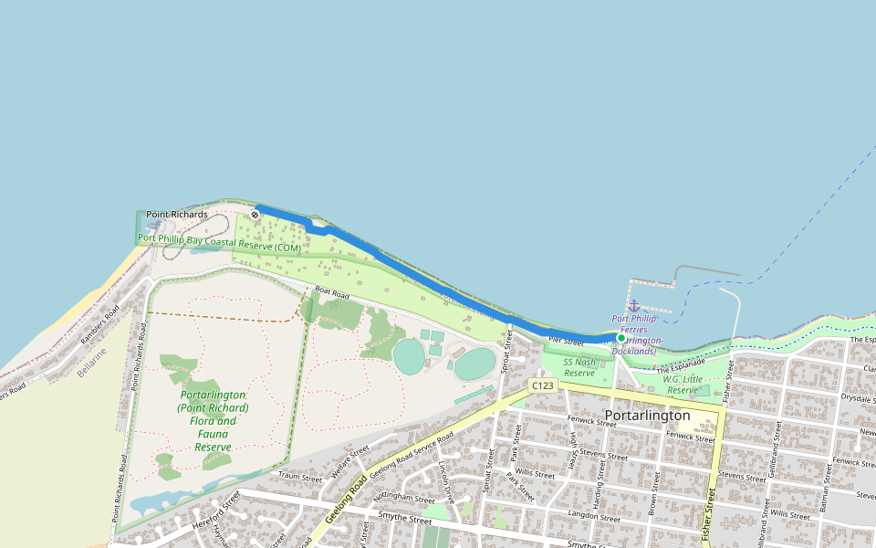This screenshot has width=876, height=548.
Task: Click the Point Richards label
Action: (177, 215)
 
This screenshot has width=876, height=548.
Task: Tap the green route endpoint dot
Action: (621, 337)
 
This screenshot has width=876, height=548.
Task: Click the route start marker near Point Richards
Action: (255, 215)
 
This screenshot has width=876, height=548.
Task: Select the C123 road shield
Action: (541, 385)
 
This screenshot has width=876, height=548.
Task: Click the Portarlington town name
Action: (648, 416)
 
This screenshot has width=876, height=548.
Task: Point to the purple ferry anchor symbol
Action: (633, 305)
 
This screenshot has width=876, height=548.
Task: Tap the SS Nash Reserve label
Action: (579, 367)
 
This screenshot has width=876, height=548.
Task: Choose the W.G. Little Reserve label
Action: (683, 385)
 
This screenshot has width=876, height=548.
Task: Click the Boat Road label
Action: (332, 294)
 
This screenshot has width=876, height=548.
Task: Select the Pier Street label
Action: (566, 341)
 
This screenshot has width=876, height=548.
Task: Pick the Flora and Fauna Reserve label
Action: (213, 421)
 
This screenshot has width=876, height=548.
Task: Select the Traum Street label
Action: (300, 477)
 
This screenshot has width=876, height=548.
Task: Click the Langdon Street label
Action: (594, 515)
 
